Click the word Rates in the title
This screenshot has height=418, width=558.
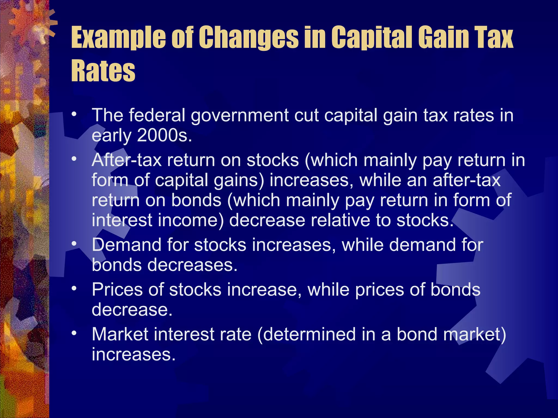pyautogui.click(x=103, y=70)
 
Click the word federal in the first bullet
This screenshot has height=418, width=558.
pyautogui.click(x=157, y=115)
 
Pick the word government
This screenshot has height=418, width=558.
pyautogui.click(x=239, y=116)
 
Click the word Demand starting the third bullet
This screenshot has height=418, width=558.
pyautogui.click(x=127, y=245)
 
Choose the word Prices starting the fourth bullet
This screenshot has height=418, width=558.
pyautogui.click(x=117, y=289)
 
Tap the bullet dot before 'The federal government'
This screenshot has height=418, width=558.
pyautogui.click(x=74, y=114)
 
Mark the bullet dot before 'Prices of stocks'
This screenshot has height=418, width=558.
pyautogui.click(x=74, y=288)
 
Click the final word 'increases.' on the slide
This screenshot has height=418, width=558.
pyautogui.click(x=134, y=354)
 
